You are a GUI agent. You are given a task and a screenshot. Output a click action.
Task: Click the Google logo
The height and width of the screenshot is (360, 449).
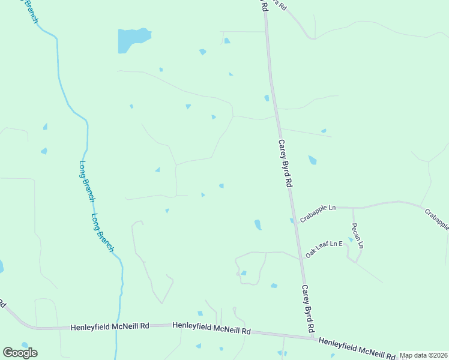click(x=20, y=353)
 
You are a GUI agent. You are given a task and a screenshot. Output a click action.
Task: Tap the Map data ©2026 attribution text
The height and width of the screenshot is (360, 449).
click(x=423, y=355)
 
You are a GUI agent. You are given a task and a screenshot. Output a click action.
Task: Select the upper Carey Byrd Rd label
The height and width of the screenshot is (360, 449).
click(x=285, y=164)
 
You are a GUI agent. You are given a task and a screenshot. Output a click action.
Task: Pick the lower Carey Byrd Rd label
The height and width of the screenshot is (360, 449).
click(x=309, y=308)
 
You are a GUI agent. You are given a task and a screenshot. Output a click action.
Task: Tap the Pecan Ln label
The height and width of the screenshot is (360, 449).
click(x=357, y=235)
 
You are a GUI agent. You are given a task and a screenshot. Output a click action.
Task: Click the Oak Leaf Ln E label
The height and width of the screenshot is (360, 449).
click(x=324, y=248)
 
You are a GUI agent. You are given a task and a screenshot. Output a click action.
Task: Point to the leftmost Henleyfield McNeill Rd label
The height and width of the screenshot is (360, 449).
click(x=110, y=327)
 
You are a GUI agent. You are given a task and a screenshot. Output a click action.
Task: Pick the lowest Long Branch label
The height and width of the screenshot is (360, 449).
click(x=103, y=232)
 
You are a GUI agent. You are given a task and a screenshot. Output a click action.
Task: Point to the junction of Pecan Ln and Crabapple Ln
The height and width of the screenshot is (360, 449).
click(x=353, y=208)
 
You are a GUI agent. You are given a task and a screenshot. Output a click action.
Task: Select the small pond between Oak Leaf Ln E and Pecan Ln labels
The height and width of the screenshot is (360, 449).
click(x=351, y=239)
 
